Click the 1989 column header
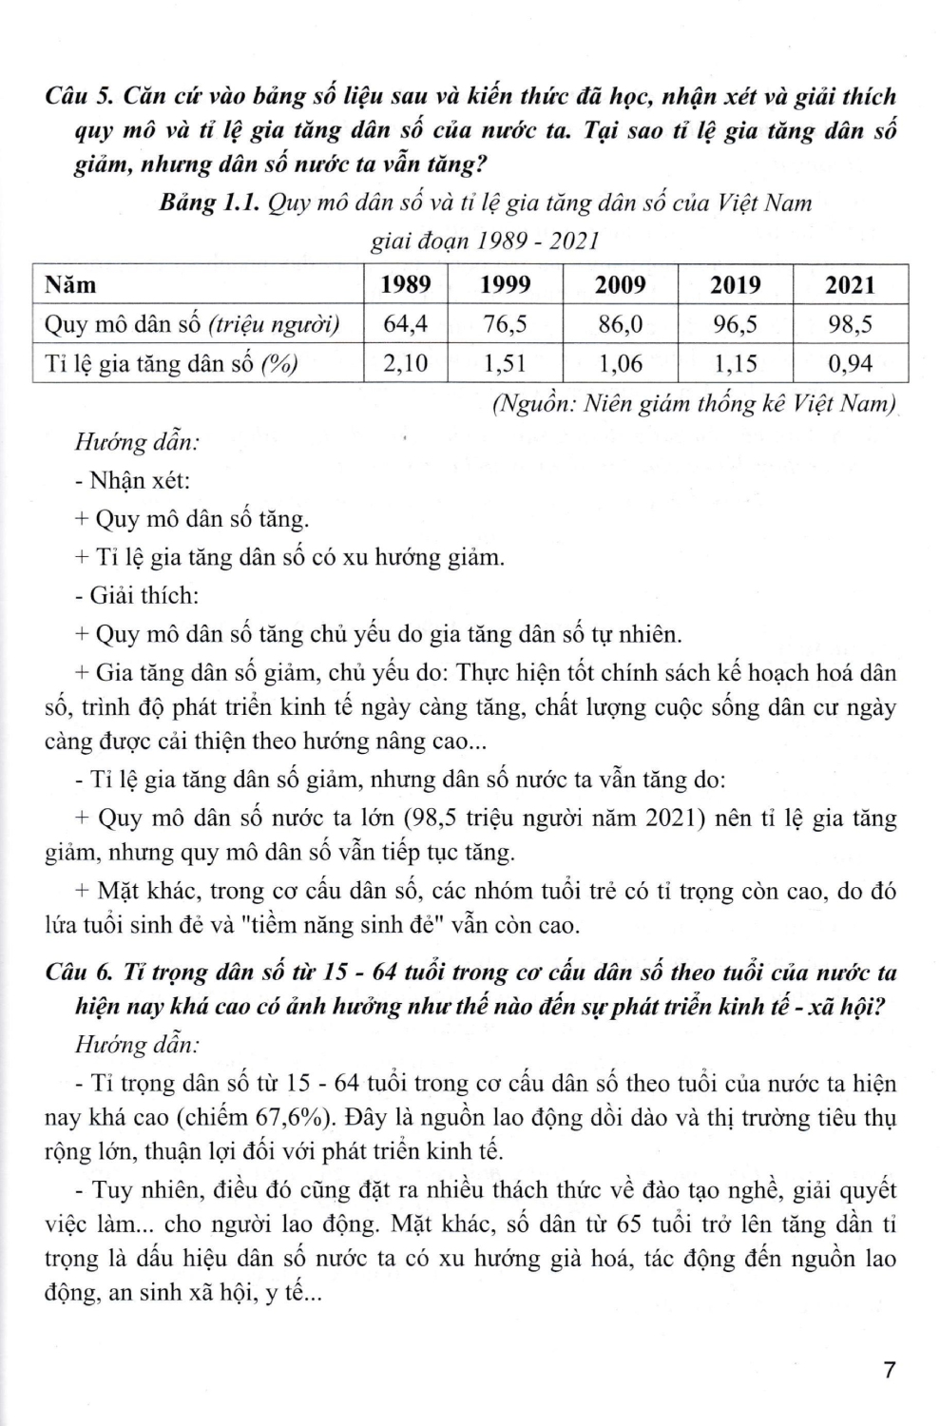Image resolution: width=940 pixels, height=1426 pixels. (406, 285)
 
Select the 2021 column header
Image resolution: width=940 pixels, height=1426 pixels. (850, 285)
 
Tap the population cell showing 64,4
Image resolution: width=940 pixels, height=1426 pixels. (406, 324)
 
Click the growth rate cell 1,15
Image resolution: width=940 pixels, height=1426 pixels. (736, 363)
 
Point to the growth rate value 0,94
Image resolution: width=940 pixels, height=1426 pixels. (850, 363)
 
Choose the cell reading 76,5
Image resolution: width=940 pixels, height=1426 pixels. (505, 324)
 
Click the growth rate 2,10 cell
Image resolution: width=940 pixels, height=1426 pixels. (406, 363)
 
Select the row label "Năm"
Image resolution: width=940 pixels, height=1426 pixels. (70, 285)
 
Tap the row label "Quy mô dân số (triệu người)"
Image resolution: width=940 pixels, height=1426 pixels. (193, 325)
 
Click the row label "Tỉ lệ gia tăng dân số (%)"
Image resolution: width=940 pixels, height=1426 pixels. (171, 364)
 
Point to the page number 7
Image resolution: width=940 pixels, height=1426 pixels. (889, 1370)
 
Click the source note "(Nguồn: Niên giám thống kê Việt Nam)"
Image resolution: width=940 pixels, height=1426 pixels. (694, 404)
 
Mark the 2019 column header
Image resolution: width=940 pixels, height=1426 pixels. (736, 285)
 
